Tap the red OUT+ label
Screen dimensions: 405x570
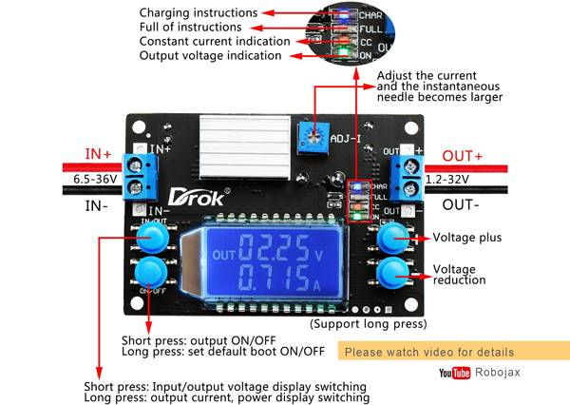[462, 156]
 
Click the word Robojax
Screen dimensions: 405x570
[498, 374]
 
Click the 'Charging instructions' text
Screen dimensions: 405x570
[198, 12]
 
